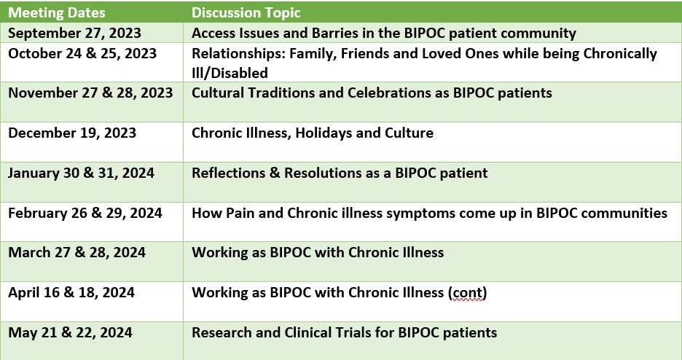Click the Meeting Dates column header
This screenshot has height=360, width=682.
[57, 12]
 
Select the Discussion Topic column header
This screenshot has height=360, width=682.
[246, 12]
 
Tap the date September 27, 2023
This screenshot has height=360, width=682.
[75, 33]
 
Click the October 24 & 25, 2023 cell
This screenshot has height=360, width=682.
[82, 53]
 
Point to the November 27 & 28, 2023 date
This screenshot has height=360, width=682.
[90, 93]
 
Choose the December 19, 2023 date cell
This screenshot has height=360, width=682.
[72, 133]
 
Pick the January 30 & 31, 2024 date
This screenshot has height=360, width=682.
[82, 173]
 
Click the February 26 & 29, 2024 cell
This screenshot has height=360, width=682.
[85, 213]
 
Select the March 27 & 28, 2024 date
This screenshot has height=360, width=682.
[77, 252]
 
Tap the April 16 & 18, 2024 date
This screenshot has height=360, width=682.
[71, 292]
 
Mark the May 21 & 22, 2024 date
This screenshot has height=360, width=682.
[71, 332]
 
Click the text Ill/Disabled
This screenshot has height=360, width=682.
[230, 73]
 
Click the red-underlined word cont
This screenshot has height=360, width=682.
[468, 293]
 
